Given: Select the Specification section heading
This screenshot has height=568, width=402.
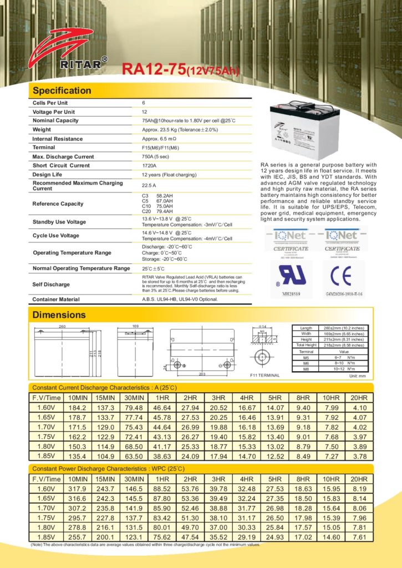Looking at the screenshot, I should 62,90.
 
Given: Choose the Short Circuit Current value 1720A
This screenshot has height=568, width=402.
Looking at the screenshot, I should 150,165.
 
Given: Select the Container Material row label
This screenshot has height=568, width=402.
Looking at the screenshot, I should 56,299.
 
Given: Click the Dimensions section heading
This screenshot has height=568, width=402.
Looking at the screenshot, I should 59,315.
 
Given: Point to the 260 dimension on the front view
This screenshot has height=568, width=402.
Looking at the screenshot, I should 62,327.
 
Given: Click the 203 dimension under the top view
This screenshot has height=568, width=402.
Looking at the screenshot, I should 202,374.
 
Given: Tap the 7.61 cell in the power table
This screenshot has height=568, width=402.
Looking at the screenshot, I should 359,537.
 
